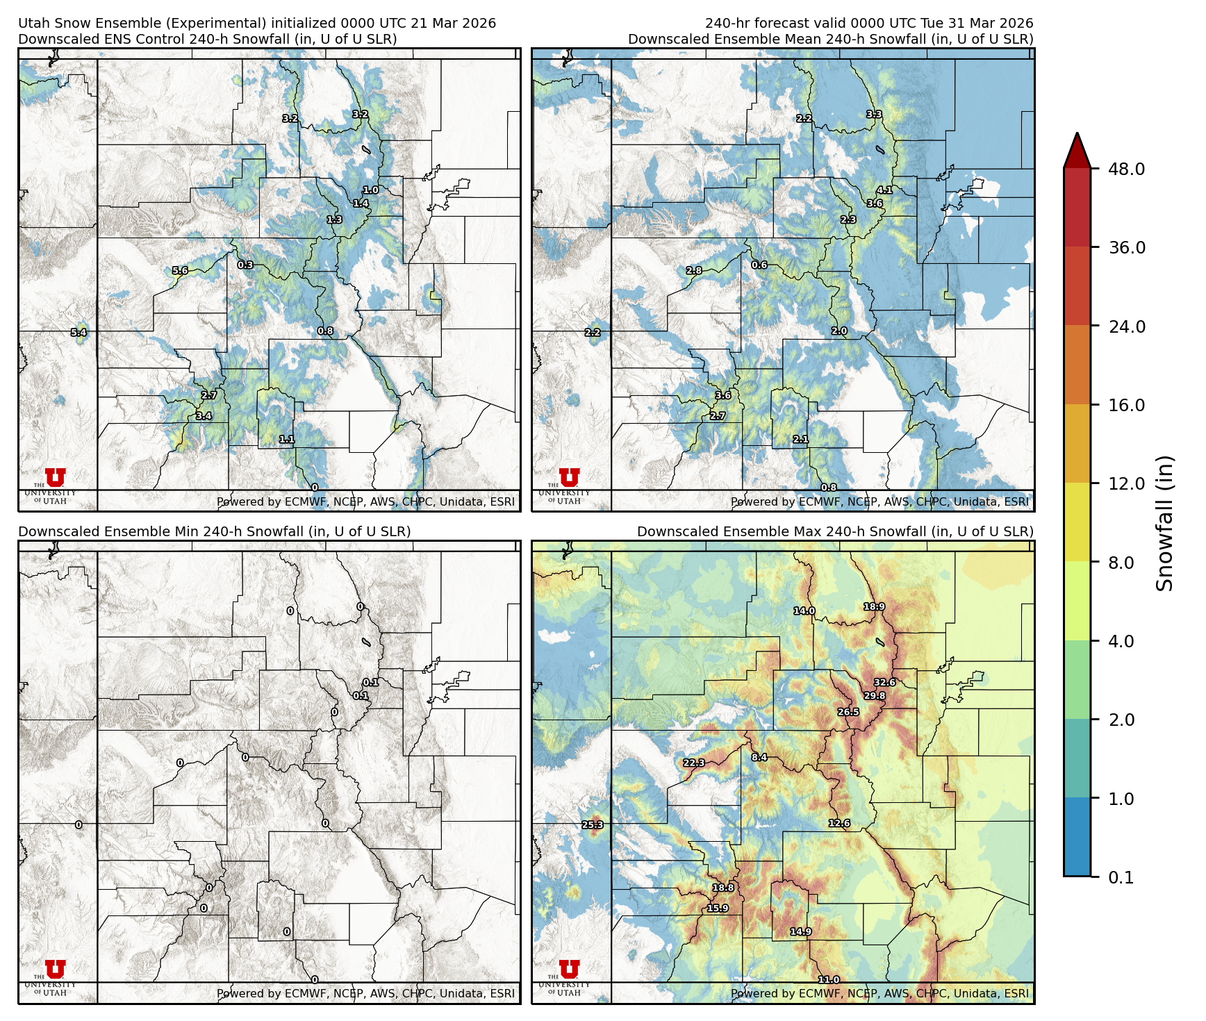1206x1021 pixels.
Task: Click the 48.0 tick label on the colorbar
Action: point(1126,169)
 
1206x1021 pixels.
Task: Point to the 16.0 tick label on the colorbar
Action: point(1126,405)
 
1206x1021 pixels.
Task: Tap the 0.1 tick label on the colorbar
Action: point(1121,877)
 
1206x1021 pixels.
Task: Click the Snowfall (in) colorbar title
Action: point(1165,523)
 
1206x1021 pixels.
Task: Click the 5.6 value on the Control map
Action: point(180,271)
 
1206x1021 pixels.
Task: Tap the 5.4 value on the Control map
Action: point(79,333)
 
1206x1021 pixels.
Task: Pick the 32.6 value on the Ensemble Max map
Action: point(884,682)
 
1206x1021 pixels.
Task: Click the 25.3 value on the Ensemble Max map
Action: point(593,825)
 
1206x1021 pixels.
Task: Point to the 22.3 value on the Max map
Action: point(693,763)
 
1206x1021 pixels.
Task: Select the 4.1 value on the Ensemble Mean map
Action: point(884,190)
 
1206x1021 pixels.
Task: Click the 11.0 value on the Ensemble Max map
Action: point(828,979)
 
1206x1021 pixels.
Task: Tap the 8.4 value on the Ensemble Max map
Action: point(759,757)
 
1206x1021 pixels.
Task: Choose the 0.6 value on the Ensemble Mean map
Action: point(759,265)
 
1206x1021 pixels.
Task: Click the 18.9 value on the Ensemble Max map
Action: point(874,606)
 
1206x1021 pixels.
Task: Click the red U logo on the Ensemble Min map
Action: point(56,969)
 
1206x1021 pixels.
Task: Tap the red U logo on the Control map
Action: point(56,477)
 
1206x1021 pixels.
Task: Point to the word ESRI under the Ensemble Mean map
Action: point(1016,501)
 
